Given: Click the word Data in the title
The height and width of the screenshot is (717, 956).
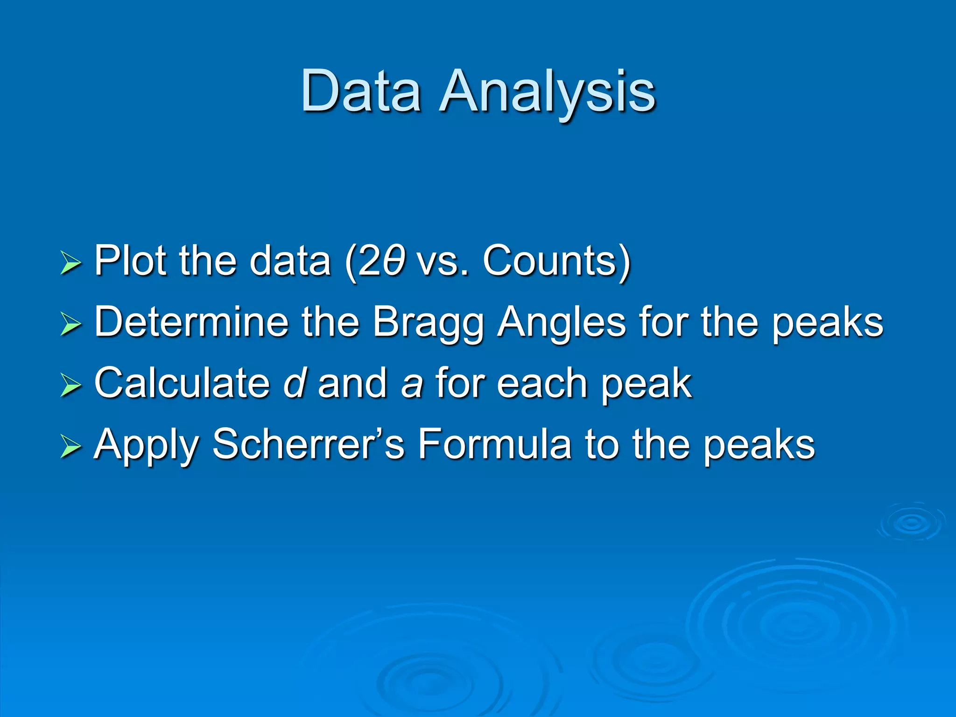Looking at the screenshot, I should tap(361, 91).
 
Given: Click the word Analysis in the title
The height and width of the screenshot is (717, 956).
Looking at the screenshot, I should tap(548, 91).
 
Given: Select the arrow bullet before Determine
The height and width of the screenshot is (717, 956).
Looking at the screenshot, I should tap(70, 324).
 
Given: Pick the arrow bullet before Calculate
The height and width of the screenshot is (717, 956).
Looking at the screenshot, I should tap(70, 386).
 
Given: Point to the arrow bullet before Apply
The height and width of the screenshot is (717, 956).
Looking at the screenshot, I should tap(70, 447).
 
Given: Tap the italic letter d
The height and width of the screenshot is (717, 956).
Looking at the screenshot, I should tap(294, 383).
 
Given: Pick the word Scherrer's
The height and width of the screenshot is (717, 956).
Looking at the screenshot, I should tap(308, 444).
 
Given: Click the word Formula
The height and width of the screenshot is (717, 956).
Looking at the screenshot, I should tap(494, 444).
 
